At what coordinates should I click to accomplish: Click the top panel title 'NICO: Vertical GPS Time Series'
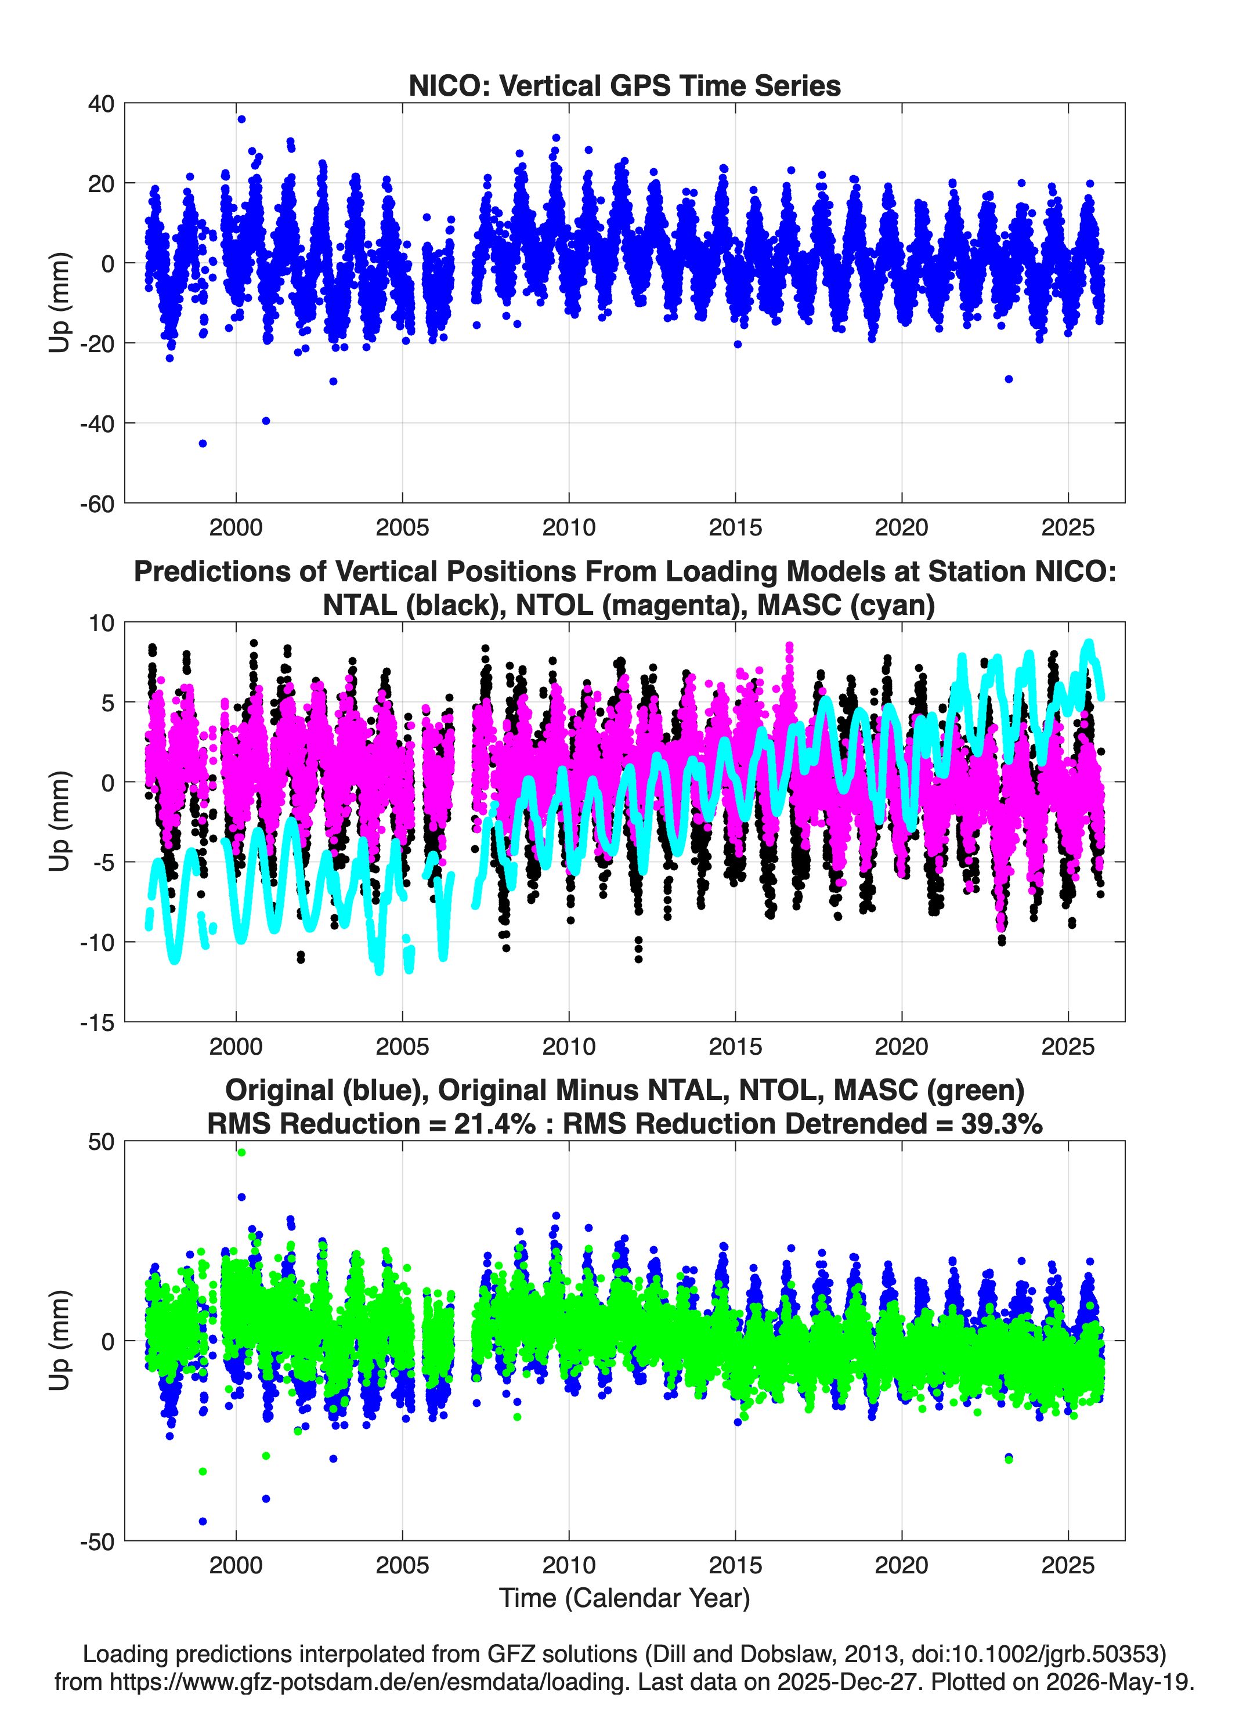(x=624, y=85)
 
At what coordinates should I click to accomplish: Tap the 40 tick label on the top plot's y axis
(x=101, y=104)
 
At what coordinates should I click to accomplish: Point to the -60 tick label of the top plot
(x=97, y=504)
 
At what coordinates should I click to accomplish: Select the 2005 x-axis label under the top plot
(x=402, y=527)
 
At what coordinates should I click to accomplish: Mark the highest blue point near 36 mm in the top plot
(x=241, y=119)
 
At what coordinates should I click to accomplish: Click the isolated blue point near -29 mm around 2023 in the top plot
(x=1009, y=379)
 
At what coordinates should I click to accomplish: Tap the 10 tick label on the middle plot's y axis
(x=101, y=623)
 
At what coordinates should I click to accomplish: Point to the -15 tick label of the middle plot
(x=97, y=1023)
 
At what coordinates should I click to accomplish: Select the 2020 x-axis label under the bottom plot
(x=901, y=1566)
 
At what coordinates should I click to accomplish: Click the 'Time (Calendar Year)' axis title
(x=624, y=1598)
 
